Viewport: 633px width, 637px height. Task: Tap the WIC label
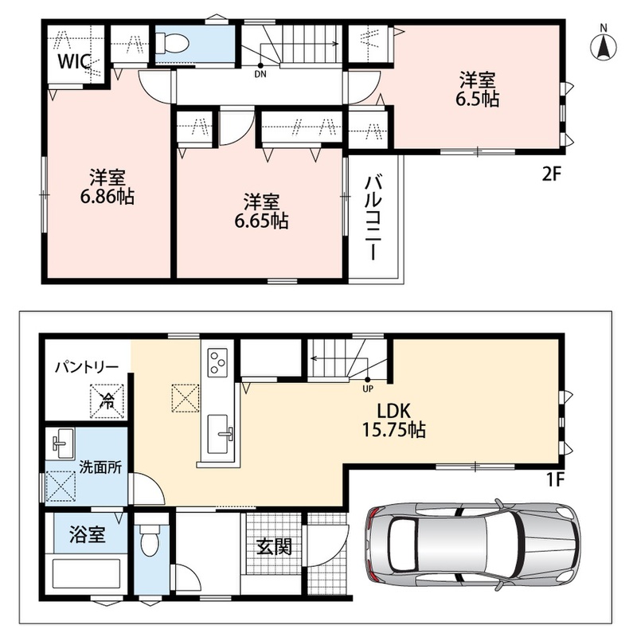tap(73, 62)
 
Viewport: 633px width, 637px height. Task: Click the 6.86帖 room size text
tap(107, 197)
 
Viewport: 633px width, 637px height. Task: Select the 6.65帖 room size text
tap(262, 221)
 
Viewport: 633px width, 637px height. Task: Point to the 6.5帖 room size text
tap(478, 100)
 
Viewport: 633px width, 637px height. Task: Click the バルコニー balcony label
tap(372, 218)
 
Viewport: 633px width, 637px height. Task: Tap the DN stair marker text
tap(260, 74)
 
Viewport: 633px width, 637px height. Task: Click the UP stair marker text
tap(368, 389)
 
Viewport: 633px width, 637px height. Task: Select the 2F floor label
tap(551, 174)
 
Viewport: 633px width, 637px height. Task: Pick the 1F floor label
tap(556, 481)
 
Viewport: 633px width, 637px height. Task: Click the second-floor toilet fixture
tap(173, 43)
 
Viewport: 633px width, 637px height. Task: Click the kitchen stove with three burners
tap(217, 361)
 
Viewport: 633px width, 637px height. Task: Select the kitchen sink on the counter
tap(220, 434)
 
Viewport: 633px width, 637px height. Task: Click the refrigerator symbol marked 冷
tap(107, 401)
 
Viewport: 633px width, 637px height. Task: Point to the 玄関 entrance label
tap(274, 547)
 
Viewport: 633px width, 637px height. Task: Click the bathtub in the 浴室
tap(86, 573)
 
